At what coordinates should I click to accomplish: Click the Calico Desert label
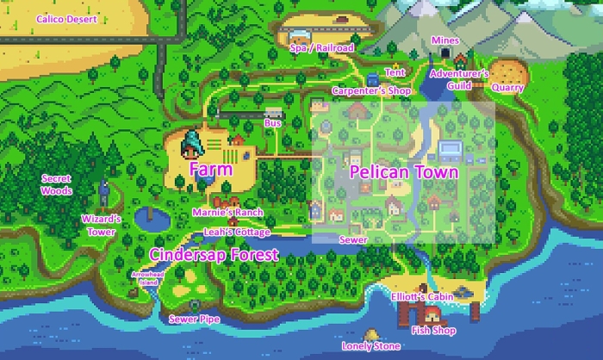coord(66,18)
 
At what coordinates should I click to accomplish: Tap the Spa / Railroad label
coord(322,48)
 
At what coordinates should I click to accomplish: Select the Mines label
coord(445,40)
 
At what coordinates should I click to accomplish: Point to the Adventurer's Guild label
coord(460,79)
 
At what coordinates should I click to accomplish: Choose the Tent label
coord(395,72)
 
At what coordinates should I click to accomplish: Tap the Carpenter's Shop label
coord(364,90)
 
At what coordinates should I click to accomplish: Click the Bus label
coord(274,124)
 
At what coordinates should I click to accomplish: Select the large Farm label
coord(210,170)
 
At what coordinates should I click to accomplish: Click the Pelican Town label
coord(403,172)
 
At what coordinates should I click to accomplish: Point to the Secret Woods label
coord(57,184)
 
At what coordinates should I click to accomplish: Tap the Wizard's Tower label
coord(102,226)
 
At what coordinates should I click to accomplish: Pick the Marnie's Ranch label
coord(227,213)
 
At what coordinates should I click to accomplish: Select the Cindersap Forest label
coord(214,254)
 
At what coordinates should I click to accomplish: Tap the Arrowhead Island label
coord(146,277)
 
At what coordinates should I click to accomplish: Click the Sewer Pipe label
coord(194,320)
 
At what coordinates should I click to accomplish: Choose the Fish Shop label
coord(433,330)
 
